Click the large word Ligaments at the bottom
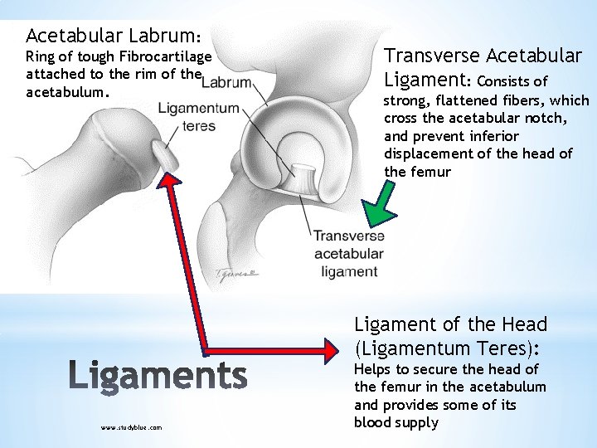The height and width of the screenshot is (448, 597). click(157, 376)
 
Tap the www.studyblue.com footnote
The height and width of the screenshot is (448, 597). click(131, 427)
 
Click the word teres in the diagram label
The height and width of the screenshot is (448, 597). click(199, 126)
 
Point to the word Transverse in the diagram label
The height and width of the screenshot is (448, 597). click(348, 236)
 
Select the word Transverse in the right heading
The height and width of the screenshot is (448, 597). click(431, 56)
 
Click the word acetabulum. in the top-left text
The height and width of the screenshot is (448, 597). click(67, 92)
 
